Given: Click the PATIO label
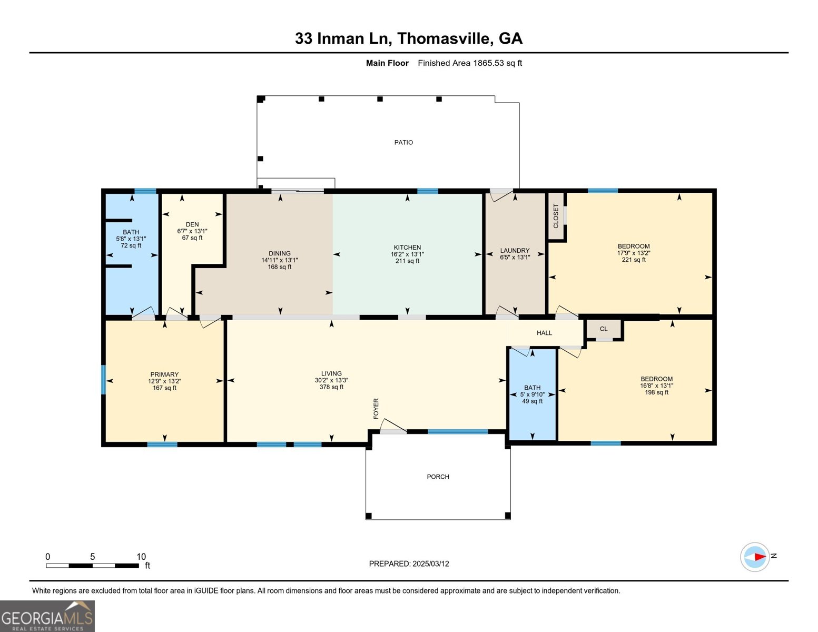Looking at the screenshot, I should click(x=403, y=142).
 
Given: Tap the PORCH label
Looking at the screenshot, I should click(x=438, y=477).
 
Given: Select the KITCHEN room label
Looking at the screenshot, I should click(x=407, y=247).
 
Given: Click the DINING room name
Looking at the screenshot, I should click(x=279, y=253).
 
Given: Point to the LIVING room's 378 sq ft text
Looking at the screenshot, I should click(x=331, y=387).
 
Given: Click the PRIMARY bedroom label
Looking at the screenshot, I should click(x=164, y=374).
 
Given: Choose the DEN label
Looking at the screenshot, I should click(x=192, y=224).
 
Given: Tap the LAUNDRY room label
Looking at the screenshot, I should click(x=515, y=251).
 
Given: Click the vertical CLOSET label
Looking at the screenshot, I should click(x=556, y=216).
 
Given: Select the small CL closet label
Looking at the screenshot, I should click(x=604, y=329).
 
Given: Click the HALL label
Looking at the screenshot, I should click(x=544, y=333).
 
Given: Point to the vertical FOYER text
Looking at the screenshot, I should click(x=376, y=409).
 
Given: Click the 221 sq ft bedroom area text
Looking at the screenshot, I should click(x=634, y=260).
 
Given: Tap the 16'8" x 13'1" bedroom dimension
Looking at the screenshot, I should click(x=656, y=386).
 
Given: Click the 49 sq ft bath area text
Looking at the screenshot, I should click(x=532, y=401).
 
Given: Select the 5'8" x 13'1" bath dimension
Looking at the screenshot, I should click(x=131, y=239).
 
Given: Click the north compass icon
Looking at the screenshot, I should click(x=755, y=557).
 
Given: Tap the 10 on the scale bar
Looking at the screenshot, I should click(x=141, y=557).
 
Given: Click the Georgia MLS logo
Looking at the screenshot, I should click(x=47, y=616).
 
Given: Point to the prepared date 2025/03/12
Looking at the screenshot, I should click(x=430, y=564).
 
